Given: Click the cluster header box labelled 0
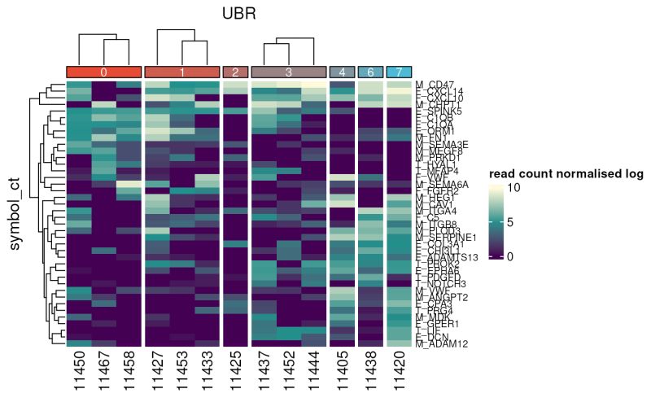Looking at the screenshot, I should [x=103, y=72].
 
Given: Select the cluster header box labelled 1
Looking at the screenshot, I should [x=182, y=72].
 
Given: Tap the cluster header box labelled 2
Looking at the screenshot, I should [x=235, y=72].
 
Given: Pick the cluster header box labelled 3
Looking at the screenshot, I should [x=288, y=72].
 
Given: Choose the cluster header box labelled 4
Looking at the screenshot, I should [x=342, y=72].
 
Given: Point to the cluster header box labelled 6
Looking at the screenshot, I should [x=370, y=72].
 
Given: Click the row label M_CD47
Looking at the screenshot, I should [x=433, y=84].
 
